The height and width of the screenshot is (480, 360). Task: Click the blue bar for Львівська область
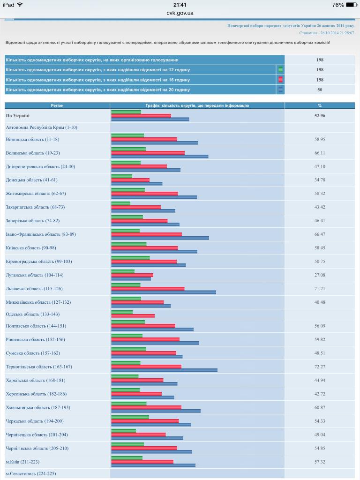coord(164,292)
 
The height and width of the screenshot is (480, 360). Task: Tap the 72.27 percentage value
coord(320,367)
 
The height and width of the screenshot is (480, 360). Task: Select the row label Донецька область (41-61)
coord(32,180)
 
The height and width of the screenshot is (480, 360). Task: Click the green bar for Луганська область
coord(123,271)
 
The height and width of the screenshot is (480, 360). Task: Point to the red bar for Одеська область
coord(133,315)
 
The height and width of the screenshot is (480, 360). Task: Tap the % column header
coord(320,105)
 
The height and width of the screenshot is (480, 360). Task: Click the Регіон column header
coord(57,105)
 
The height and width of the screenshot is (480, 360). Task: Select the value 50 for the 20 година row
coord(320,90)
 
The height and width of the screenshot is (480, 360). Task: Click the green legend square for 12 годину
coord(280,70)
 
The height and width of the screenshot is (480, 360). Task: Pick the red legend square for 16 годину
coord(280,80)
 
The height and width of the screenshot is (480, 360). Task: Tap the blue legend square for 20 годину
coord(280,90)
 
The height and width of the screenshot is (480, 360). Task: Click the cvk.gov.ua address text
coord(180,13)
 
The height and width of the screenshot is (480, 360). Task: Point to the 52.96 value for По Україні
coord(320,115)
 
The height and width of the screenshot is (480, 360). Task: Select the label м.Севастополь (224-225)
coord(31,473)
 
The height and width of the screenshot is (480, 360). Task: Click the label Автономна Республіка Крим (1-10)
coord(42,127)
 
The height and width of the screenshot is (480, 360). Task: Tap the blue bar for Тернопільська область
coord(164,370)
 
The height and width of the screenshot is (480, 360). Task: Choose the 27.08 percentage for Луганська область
coord(320,275)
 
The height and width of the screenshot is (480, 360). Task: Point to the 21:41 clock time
coord(180,5)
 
